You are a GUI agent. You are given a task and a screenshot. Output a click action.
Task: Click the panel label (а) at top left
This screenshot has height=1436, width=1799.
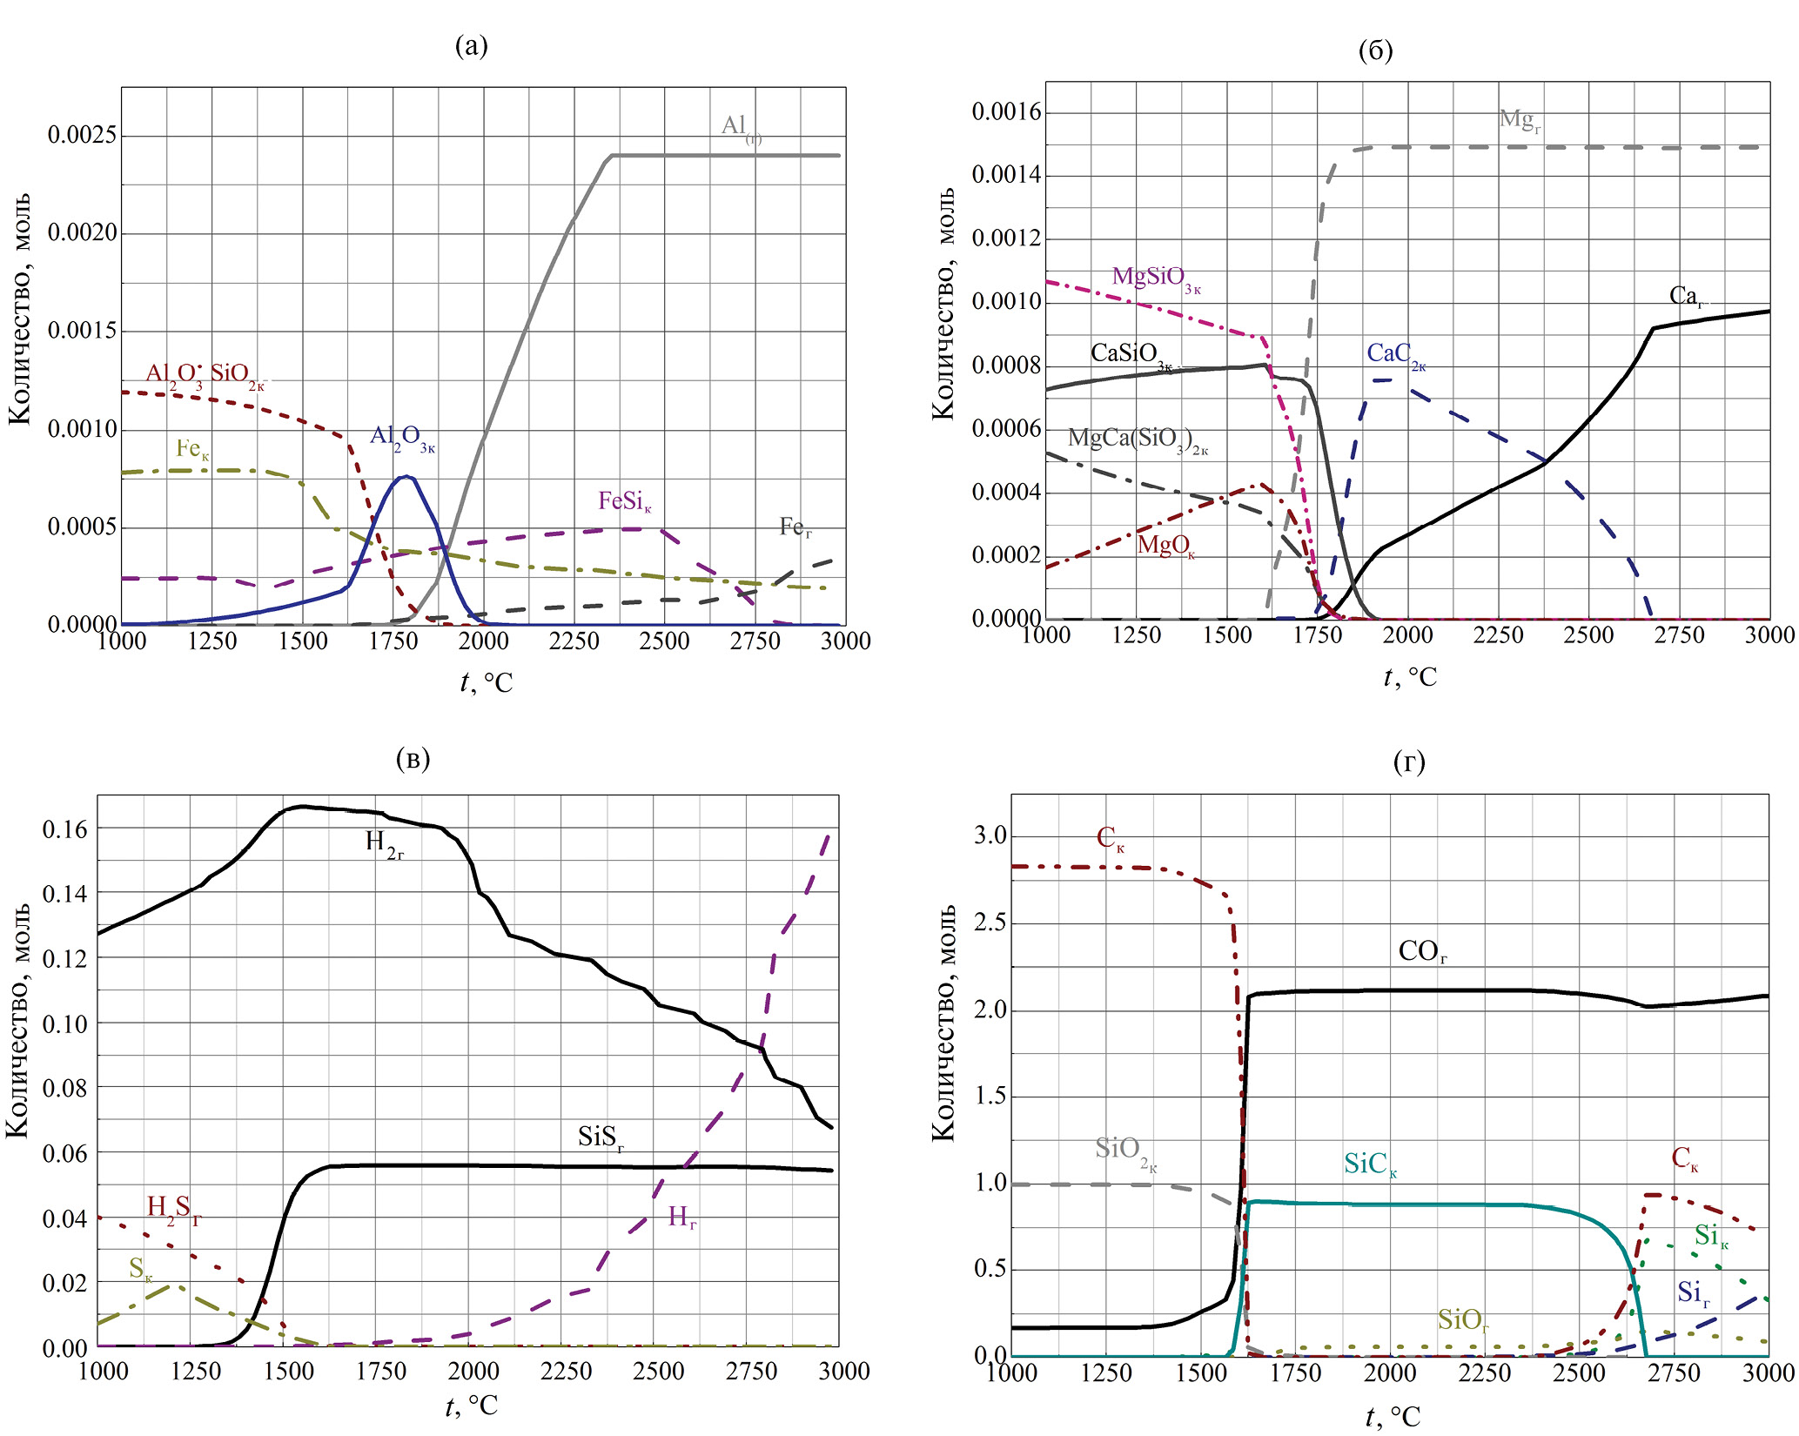[x=471, y=45]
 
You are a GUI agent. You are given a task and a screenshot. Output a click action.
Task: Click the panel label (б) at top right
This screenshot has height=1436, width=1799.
[x=1375, y=50]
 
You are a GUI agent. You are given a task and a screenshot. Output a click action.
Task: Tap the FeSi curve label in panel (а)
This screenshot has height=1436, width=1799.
[x=624, y=502]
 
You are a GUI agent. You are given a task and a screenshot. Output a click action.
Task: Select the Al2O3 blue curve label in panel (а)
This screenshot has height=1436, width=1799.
[x=402, y=438]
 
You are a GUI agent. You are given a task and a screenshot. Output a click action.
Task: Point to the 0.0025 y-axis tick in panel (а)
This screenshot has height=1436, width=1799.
[x=82, y=135]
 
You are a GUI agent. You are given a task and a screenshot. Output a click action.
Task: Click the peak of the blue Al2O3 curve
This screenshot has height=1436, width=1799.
[x=406, y=476]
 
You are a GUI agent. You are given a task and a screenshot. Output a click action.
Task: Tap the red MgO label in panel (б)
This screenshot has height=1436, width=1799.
[x=1165, y=547]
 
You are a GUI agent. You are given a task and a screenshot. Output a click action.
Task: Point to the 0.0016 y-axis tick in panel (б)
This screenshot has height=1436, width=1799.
[x=1006, y=111]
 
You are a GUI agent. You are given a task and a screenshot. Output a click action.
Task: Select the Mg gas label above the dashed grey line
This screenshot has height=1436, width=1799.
[x=1520, y=120]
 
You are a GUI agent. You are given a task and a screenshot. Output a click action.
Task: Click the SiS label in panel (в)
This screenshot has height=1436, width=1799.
[x=601, y=1137]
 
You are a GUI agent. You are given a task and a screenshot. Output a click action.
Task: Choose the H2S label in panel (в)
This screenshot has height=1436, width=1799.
[x=173, y=1208]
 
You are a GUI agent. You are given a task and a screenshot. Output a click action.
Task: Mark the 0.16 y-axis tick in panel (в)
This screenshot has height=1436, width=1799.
[x=65, y=829]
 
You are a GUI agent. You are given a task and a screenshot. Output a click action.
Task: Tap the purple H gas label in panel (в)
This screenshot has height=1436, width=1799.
[x=681, y=1217]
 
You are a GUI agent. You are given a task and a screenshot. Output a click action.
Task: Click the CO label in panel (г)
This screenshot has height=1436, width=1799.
[x=1422, y=951]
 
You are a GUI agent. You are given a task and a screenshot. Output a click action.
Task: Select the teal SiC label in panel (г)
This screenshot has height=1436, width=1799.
[x=1369, y=1164]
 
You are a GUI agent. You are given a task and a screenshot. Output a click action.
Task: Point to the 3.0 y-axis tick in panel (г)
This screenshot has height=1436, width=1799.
[x=990, y=835]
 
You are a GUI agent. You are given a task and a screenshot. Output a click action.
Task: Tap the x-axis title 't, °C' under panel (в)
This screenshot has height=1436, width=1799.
[x=471, y=1406]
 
